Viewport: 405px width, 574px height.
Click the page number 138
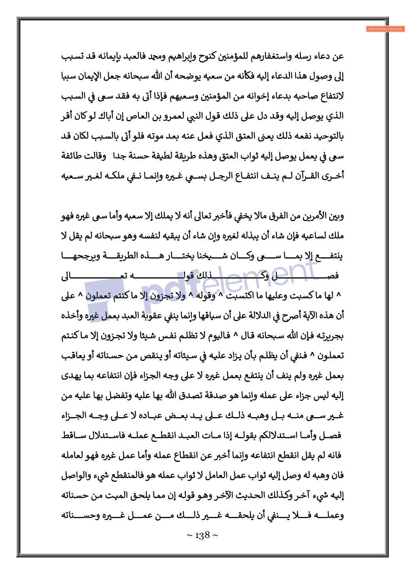202,536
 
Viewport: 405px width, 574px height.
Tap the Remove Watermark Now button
385,29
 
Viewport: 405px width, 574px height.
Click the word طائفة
72,156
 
